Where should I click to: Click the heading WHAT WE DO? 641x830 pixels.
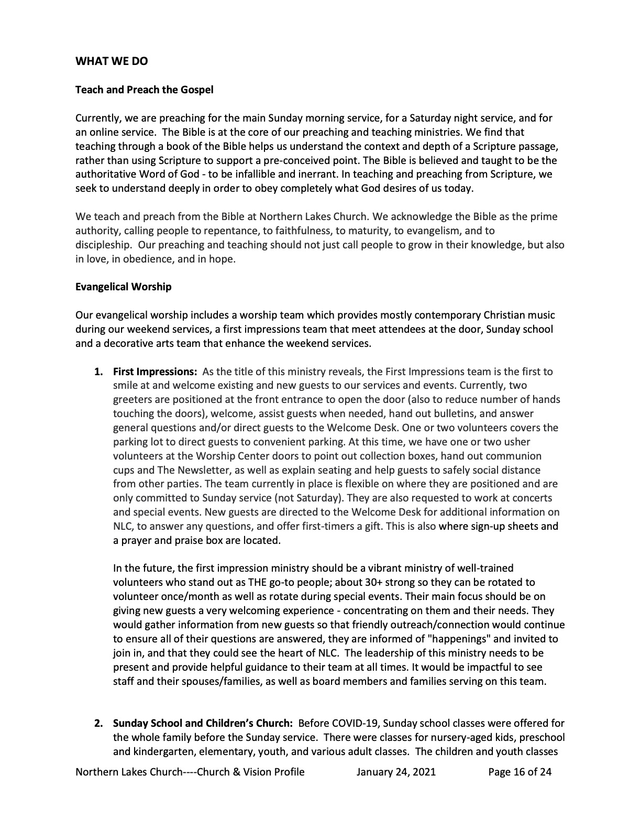tap(112, 61)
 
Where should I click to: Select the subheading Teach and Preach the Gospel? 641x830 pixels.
tap(144, 90)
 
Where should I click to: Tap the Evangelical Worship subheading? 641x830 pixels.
tap(123, 287)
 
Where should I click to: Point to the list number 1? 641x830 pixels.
tap(98, 372)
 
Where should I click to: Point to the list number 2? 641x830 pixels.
tap(98, 724)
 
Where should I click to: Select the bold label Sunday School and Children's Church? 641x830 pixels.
tap(203, 724)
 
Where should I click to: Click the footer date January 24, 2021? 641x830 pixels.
tap(396, 772)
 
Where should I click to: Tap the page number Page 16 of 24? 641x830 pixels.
tap(520, 772)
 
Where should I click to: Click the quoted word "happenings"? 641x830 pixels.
tap(454, 639)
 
